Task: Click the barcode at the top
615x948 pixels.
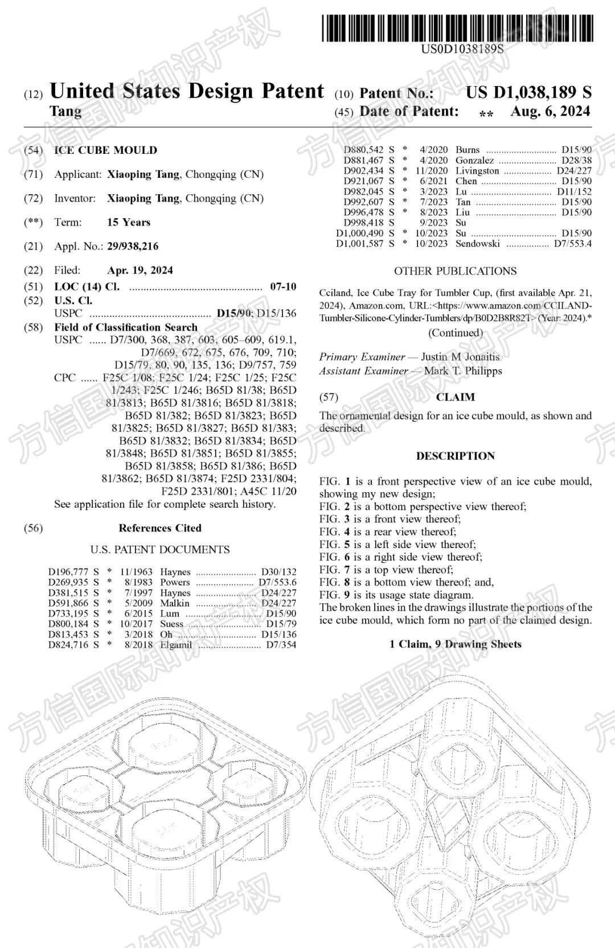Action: point(457,27)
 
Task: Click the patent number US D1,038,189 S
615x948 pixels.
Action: point(528,92)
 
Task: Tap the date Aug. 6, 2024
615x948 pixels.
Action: point(550,111)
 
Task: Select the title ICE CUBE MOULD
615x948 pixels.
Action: point(105,150)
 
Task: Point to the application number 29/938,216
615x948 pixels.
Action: point(133,246)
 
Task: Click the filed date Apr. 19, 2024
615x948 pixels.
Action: point(140,270)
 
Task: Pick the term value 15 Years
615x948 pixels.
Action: point(129,222)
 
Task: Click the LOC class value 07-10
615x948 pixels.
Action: point(283,287)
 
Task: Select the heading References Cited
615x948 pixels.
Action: point(160,528)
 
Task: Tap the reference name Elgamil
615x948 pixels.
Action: point(176,645)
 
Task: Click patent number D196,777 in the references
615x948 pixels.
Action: point(68,572)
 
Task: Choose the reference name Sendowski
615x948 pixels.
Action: point(478,244)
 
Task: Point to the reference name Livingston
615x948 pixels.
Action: point(477,171)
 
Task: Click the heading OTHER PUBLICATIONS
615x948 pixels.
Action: point(455,271)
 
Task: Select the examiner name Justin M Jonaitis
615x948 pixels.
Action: point(460,357)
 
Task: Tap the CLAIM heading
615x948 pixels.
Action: point(455,397)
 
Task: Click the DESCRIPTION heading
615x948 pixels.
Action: point(455,456)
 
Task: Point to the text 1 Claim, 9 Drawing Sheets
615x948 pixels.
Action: point(455,644)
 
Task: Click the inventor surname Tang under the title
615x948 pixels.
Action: point(65,111)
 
